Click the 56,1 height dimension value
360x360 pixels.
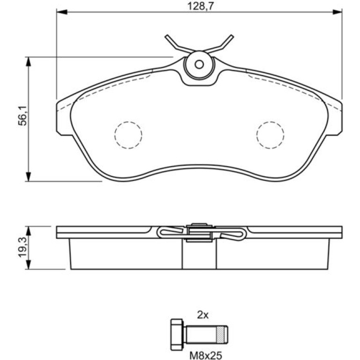tap(23, 116)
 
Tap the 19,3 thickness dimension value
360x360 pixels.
tap(23, 248)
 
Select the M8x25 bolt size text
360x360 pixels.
tap(206, 355)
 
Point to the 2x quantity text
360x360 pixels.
tap(203, 315)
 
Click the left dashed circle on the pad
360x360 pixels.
tap(129, 135)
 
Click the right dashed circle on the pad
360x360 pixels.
tap(270, 135)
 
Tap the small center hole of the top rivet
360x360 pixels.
tap(199, 65)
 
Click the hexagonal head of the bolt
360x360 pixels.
tap(177, 334)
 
